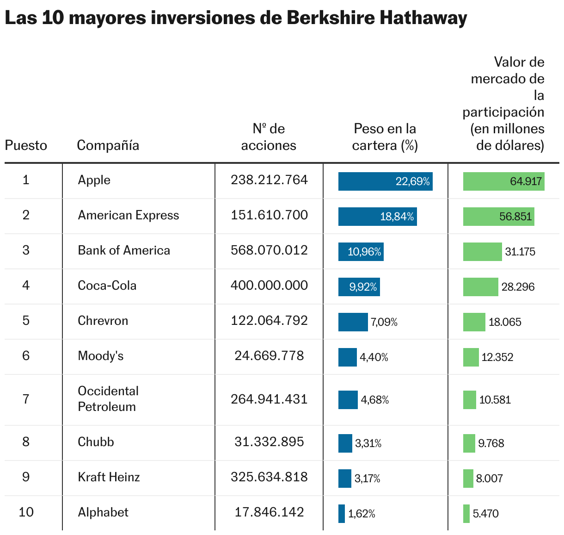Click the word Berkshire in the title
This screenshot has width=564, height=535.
(x=331, y=19)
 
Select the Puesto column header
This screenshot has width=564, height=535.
(x=26, y=145)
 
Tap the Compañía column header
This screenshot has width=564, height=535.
(x=108, y=145)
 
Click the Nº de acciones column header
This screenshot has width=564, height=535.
(x=269, y=137)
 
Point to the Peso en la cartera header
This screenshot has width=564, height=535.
(x=385, y=137)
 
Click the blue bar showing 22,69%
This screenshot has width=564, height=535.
(x=385, y=181)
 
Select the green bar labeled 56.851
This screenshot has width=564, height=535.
(x=498, y=217)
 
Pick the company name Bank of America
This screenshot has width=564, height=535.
(x=124, y=250)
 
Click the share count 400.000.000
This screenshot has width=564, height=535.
(x=269, y=286)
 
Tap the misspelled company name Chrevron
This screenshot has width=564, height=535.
(x=103, y=321)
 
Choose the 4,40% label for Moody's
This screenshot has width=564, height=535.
(x=374, y=357)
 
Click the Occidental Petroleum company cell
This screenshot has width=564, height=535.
(x=108, y=399)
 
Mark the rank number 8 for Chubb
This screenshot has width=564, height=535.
(x=26, y=442)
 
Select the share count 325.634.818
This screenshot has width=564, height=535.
(x=269, y=477)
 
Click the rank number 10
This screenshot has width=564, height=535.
(x=26, y=512)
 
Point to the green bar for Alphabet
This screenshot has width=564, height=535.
(x=466, y=514)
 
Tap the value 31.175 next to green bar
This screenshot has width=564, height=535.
(x=520, y=252)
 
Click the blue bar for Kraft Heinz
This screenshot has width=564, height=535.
(x=345, y=479)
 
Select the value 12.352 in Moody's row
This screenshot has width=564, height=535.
(x=497, y=357)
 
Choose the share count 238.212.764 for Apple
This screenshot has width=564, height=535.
(x=269, y=180)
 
